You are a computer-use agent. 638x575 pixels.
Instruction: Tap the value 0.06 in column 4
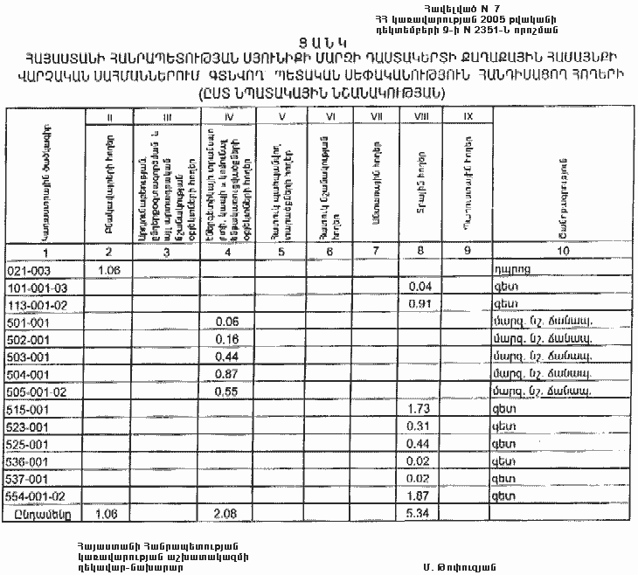(226, 322)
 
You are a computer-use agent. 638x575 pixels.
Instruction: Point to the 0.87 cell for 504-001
(226, 374)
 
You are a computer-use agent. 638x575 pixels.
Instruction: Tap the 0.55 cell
(226, 391)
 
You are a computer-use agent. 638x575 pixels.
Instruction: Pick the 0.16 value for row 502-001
(226, 339)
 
